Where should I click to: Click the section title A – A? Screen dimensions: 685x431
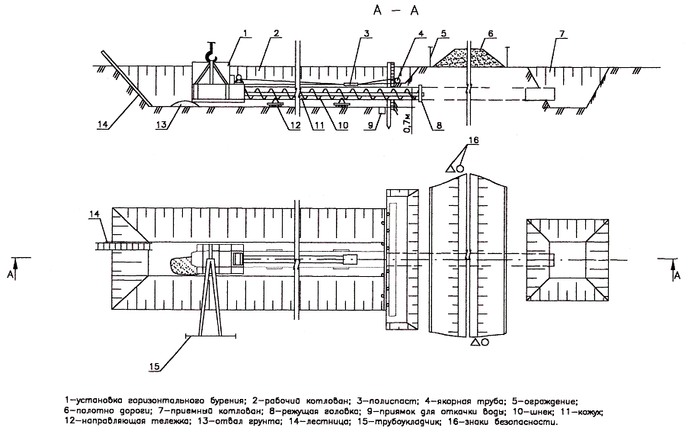395,11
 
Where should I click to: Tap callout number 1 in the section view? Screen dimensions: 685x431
245,34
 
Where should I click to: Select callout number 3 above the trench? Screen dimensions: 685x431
367,34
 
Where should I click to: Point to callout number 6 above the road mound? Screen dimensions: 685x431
491,34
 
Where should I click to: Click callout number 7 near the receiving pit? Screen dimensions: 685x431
562,34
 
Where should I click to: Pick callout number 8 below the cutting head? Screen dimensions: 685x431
439,126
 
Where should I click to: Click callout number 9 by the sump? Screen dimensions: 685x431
371,126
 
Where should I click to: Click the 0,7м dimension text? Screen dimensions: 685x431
407,123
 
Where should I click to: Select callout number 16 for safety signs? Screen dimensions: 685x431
474,140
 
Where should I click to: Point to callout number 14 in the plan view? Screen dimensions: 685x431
94,214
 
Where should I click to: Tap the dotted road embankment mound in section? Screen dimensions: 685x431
468,57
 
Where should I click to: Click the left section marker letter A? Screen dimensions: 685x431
9,275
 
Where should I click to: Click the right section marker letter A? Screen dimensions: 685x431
677,275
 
